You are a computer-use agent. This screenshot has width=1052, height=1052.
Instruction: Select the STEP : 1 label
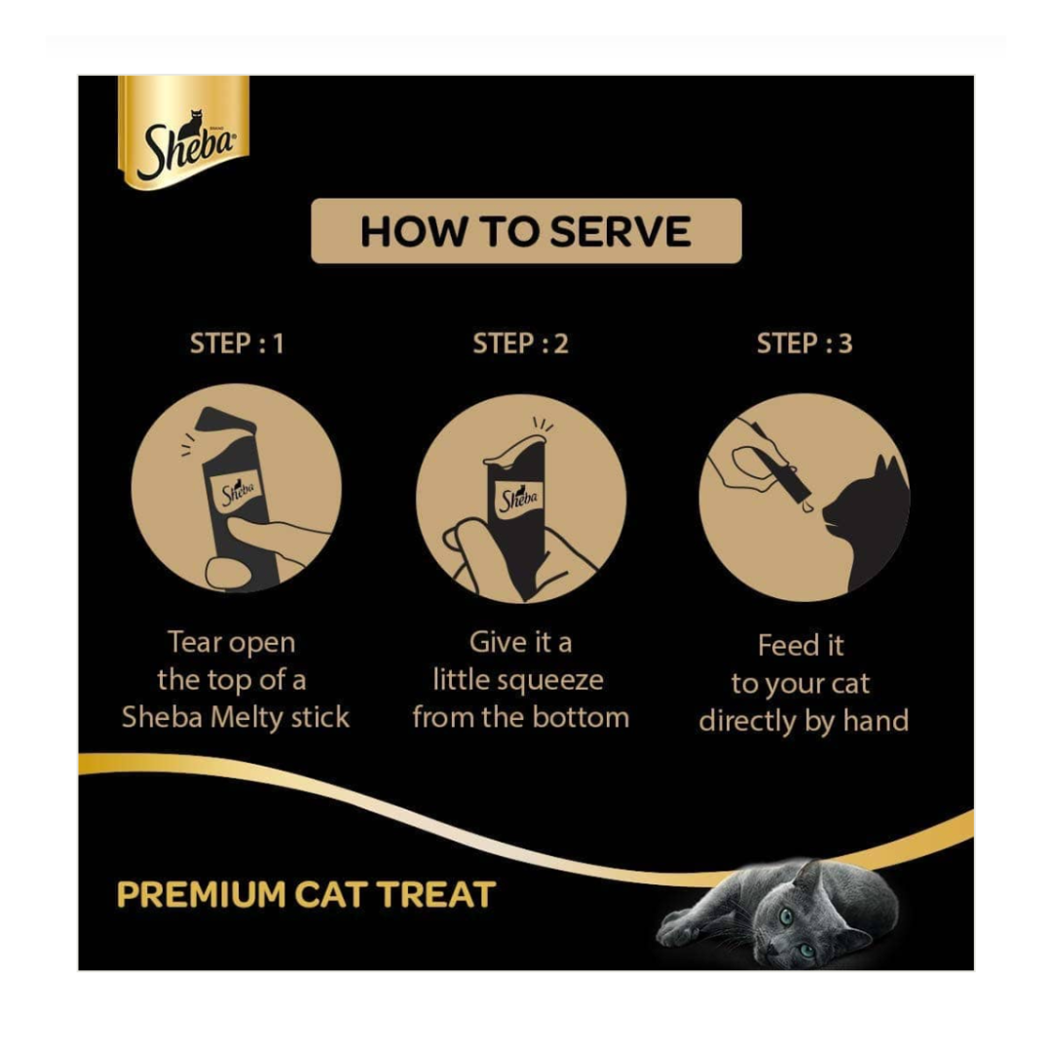click(237, 344)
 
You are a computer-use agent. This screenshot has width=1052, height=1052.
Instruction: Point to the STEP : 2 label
click(520, 344)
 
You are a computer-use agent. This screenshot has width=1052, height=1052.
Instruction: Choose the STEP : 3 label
click(805, 344)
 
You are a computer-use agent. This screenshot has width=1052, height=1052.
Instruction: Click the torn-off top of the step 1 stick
click(225, 422)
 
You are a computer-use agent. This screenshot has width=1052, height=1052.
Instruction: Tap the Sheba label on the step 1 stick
click(238, 494)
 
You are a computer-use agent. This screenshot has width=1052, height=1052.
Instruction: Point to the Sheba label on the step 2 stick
click(518, 499)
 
